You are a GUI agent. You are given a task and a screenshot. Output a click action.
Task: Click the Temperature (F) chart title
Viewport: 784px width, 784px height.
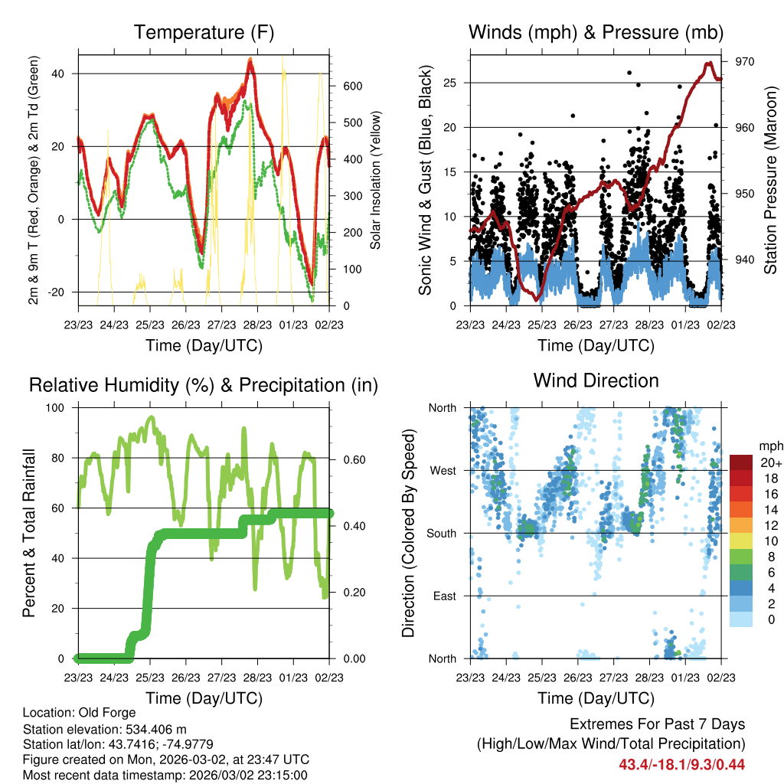point(204,32)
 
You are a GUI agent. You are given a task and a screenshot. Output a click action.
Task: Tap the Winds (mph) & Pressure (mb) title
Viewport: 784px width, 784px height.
point(595,32)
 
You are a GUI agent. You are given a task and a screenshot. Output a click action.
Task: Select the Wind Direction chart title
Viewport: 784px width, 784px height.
point(595,381)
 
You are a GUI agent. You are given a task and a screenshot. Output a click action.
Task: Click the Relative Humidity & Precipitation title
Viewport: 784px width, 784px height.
point(204,385)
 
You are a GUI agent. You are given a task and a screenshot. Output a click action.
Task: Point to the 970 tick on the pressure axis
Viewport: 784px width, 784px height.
point(745,61)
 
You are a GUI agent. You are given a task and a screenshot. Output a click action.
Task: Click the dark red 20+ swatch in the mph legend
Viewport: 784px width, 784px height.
point(742,462)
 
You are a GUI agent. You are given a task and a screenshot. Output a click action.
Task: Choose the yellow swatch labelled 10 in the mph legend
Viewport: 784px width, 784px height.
point(742,541)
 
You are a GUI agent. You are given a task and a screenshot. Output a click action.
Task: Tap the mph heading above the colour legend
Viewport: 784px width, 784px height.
point(770,446)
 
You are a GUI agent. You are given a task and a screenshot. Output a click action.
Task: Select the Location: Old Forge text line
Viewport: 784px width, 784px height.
point(80,712)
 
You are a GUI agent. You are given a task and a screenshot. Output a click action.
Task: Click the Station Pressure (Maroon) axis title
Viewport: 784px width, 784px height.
point(770,180)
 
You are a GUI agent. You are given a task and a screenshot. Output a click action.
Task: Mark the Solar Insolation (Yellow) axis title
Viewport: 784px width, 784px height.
point(376,180)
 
